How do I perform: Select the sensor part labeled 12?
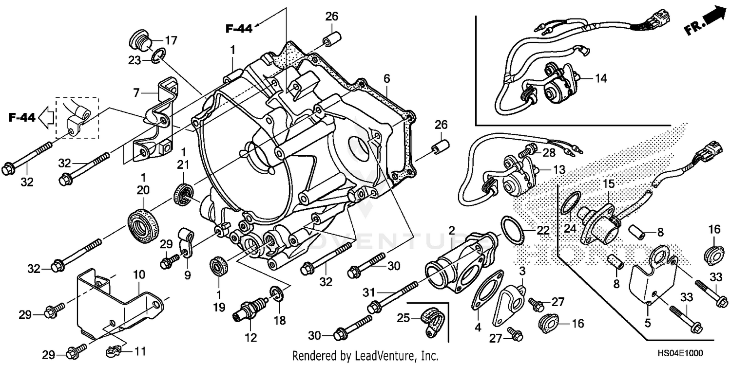pyautogui.click(x=250, y=310)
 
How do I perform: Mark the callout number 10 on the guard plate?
pyautogui.click(x=139, y=275)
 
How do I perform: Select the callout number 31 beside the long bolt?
pyautogui.click(x=369, y=293)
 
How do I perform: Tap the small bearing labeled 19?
pyautogui.click(x=218, y=269)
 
